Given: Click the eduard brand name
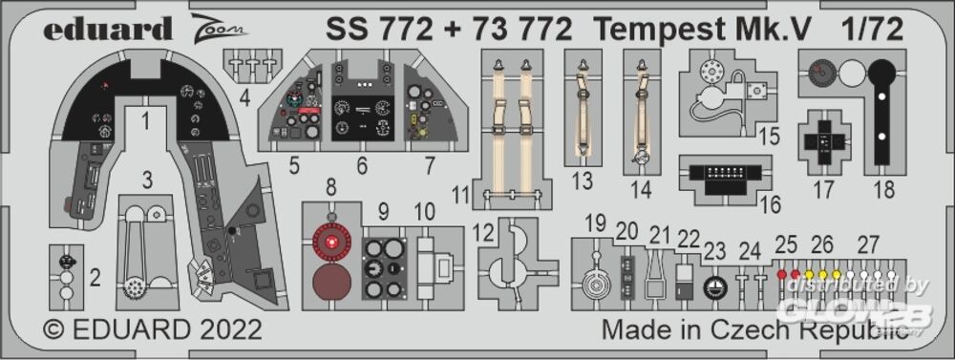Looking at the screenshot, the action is coord(108,28).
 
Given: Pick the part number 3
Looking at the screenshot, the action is coord(147,180).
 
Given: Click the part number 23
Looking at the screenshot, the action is coord(715,251).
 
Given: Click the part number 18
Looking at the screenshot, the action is coord(883,189).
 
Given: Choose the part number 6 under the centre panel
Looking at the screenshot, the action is coord(362,166).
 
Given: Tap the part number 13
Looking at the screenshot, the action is coord(583,180).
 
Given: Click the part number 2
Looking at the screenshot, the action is coord(95,280).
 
